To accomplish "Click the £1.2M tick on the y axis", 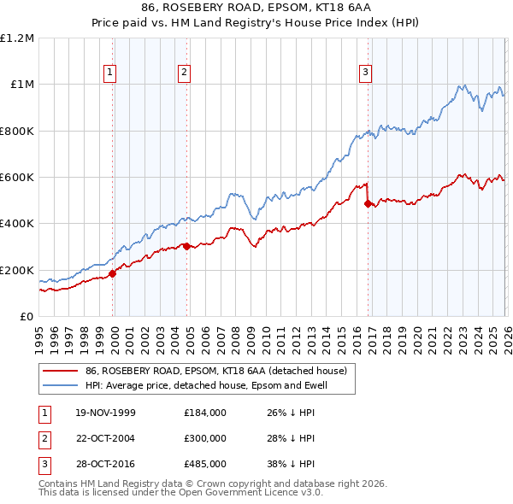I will [16, 38].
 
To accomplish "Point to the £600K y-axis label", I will [16, 178].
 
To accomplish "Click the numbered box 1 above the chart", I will [111, 73].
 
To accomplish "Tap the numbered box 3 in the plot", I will [365, 73].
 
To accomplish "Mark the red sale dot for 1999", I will [113, 274].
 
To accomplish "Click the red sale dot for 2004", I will [186, 247].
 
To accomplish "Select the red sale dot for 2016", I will [368, 203].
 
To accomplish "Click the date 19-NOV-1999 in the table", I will [106, 413].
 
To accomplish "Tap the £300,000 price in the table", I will [205, 437].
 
